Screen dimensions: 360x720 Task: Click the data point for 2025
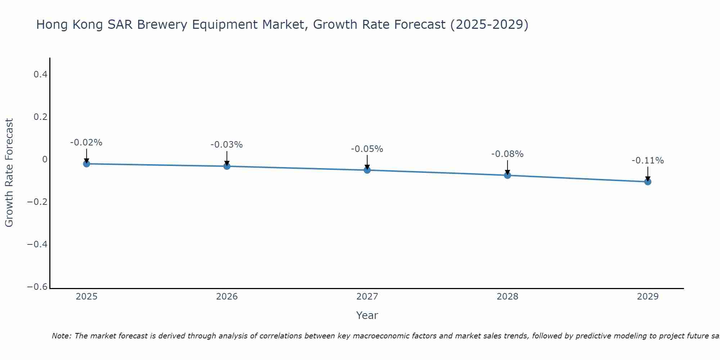point(86,164)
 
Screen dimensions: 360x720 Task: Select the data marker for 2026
point(227,166)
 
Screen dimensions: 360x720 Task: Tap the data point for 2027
point(367,170)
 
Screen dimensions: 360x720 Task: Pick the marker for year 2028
point(508,175)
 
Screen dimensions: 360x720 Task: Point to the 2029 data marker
point(648,182)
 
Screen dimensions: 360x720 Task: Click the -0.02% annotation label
point(86,143)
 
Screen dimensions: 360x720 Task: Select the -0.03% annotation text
point(226,145)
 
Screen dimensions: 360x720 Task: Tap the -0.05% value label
point(367,149)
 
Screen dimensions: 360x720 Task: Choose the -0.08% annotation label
point(507,154)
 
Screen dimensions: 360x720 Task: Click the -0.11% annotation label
point(648,161)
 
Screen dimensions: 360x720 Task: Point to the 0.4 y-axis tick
point(40,75)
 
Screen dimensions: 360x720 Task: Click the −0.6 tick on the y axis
point(37,287)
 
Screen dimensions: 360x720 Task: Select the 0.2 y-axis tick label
point(40,117)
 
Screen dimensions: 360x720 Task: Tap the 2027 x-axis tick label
point(367,297)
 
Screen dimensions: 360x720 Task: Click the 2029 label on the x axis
point(648,297)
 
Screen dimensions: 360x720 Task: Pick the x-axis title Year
point(367,315)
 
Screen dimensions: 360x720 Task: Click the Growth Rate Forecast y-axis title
point(9,173)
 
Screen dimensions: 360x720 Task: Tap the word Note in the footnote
point(61,336)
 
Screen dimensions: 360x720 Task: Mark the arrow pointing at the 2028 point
point(508,168)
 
